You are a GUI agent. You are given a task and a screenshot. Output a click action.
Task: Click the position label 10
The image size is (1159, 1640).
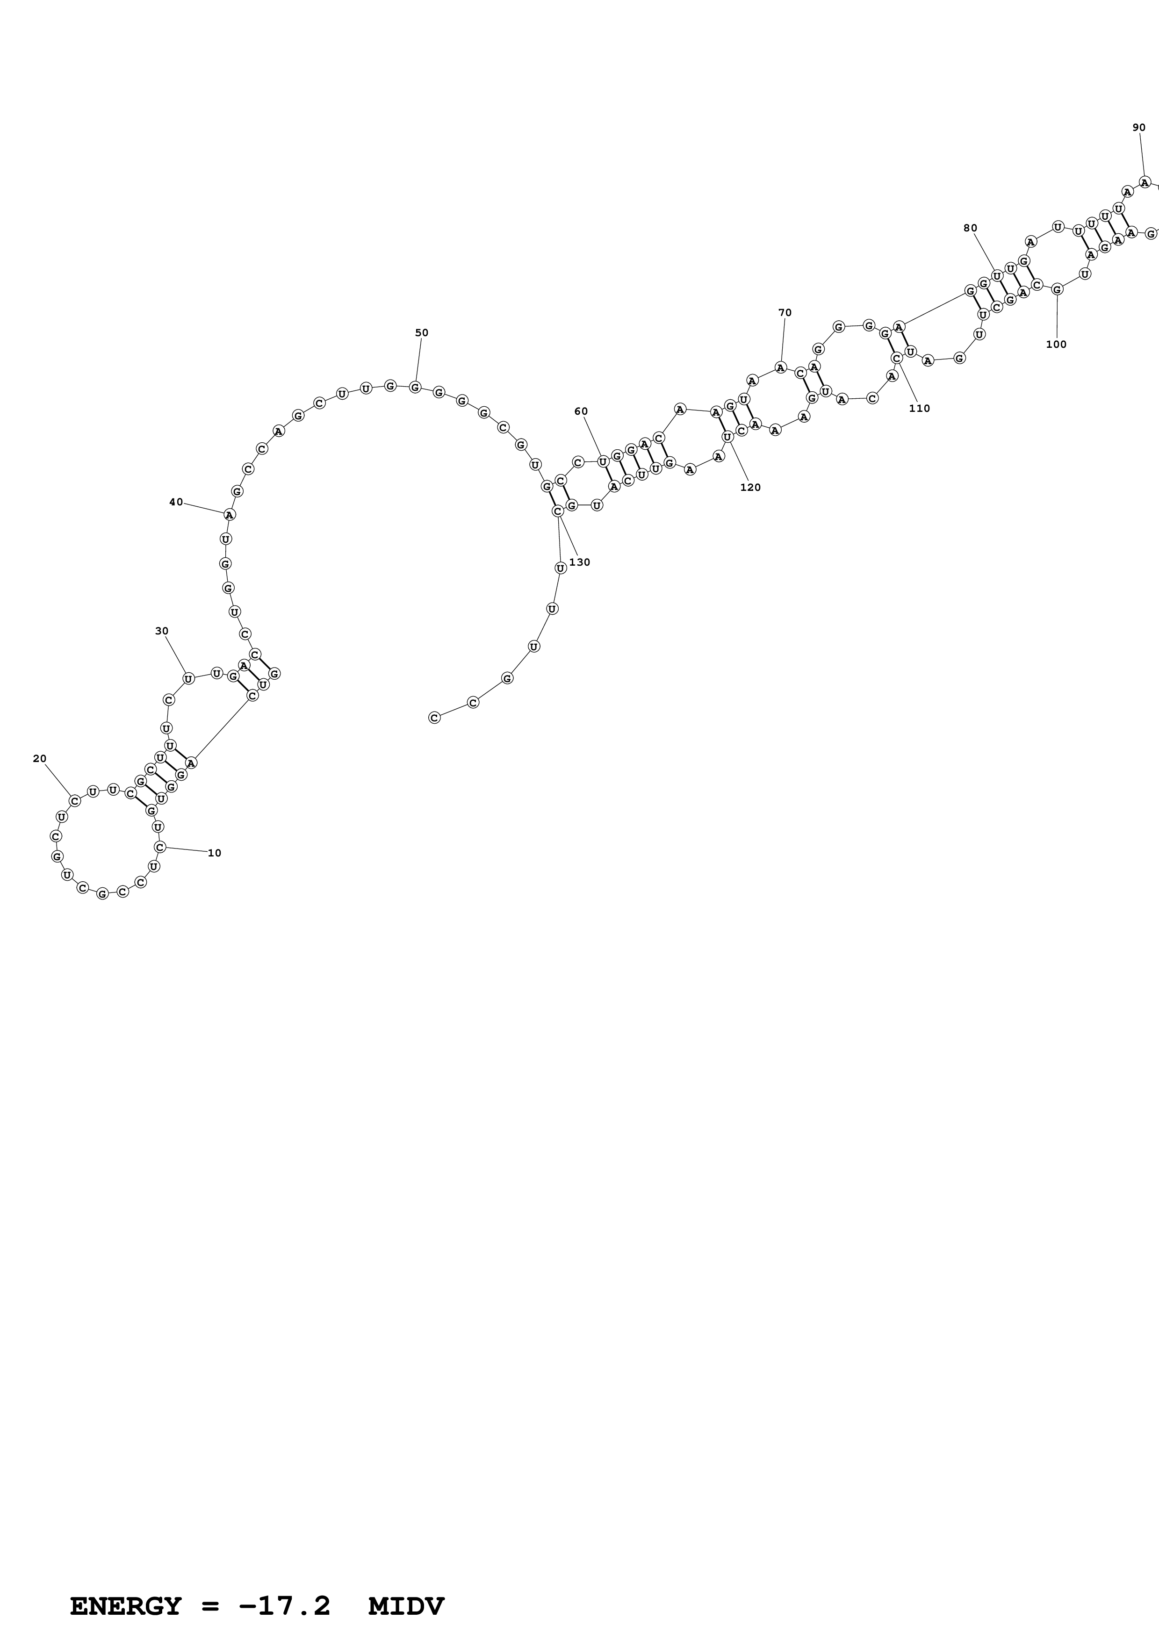(x=214, y=853)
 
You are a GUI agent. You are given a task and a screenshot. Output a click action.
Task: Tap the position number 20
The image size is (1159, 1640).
(x=40, y=759)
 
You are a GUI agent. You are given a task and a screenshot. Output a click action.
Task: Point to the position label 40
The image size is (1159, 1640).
(x=176, y=502)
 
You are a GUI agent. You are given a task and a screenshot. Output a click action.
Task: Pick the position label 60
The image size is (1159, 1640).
(x=581, y=411)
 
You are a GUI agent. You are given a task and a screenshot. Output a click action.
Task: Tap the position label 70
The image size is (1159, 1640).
(x=785, y=313)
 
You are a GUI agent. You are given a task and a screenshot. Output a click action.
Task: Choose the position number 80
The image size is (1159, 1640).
(x=970, y=228)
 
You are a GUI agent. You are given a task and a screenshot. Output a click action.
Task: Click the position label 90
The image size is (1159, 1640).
(x=1139, y=128)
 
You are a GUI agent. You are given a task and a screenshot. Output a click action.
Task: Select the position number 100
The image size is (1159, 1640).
(x=1056, y=344)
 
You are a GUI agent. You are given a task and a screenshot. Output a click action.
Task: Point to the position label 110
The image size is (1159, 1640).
(x=920, y=409)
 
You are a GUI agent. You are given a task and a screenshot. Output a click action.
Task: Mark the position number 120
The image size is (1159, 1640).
(x=750, y=488)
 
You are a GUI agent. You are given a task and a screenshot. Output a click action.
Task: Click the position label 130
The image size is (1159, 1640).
(x=580, y=562)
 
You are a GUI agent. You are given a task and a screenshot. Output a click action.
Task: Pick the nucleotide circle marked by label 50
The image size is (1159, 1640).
(x=415, y=387)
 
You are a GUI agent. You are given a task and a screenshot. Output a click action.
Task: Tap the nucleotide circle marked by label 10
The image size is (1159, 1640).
(x=160, y=847)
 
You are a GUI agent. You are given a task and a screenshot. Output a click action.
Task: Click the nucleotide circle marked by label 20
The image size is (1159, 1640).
(x=75, y=801)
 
